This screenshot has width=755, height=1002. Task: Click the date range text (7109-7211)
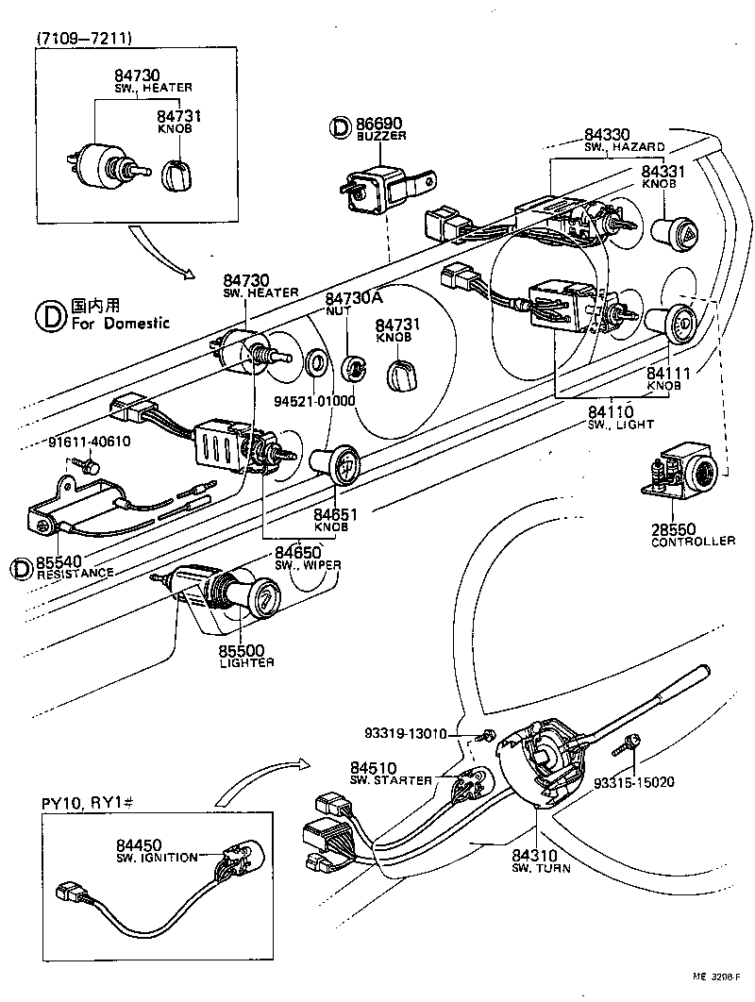pyautogui.click(x=84, y=38)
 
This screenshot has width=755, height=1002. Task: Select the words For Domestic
pyautogui.click(x=121, y=323)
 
